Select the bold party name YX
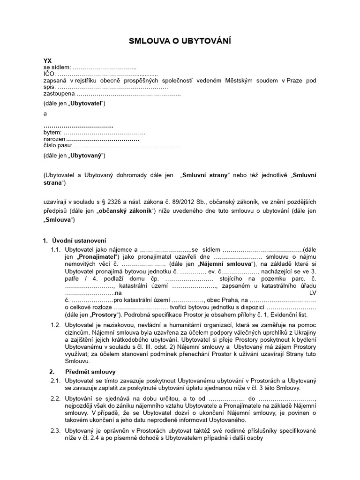coord(47,61)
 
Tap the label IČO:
coord(49,74)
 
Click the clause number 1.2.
coord(56,324)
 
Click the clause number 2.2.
coord(56,398)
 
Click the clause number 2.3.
coord(56,430)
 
